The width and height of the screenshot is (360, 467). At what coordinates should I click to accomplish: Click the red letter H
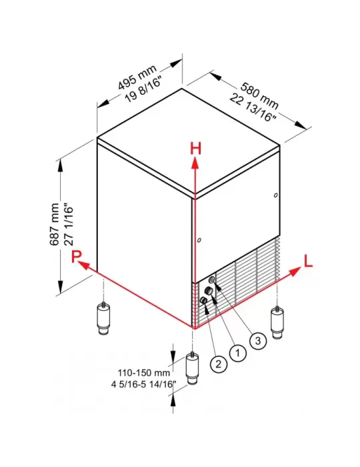click(x=195, y=148)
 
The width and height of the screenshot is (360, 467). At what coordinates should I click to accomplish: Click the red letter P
click(x=77, y=256)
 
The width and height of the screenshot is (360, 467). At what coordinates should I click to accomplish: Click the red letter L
click(x=308, y=261)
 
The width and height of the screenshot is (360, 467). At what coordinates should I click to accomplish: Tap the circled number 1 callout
click(x=238, y=353)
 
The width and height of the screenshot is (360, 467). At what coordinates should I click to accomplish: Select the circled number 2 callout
click(x=219, y=364)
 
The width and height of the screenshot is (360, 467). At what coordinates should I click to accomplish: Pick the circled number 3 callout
click(x=258, y=340)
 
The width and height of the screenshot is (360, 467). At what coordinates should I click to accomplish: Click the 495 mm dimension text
click(x=137, y=77)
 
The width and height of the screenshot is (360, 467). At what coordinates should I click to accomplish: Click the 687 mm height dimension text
click(x=54, y=224)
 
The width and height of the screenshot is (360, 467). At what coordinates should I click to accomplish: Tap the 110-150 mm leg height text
click(x=144, y=372)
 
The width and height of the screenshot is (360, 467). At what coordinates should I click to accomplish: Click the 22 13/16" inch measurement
click(x=253, y=108)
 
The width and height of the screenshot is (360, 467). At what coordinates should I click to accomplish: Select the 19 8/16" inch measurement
click(x=143, y=89)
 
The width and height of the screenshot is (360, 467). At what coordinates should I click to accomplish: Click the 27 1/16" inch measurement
click(x=68, y=224)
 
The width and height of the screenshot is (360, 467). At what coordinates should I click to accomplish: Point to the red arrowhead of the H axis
click(x=195, y=163)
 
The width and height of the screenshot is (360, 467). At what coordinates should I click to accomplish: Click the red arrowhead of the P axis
click(x=84, y=265)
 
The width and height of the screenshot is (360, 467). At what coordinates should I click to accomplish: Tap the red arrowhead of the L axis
click(x=295, y=272)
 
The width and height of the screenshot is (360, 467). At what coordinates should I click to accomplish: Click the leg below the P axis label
click(x=103, y=319)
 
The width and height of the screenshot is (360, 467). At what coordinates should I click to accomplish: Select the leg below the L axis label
click(x=277, y=322)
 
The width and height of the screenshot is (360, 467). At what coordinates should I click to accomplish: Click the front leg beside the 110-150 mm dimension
click(x=193, y=369)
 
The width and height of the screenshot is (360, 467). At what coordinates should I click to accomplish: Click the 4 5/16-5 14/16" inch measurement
click(x=142, y=384)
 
